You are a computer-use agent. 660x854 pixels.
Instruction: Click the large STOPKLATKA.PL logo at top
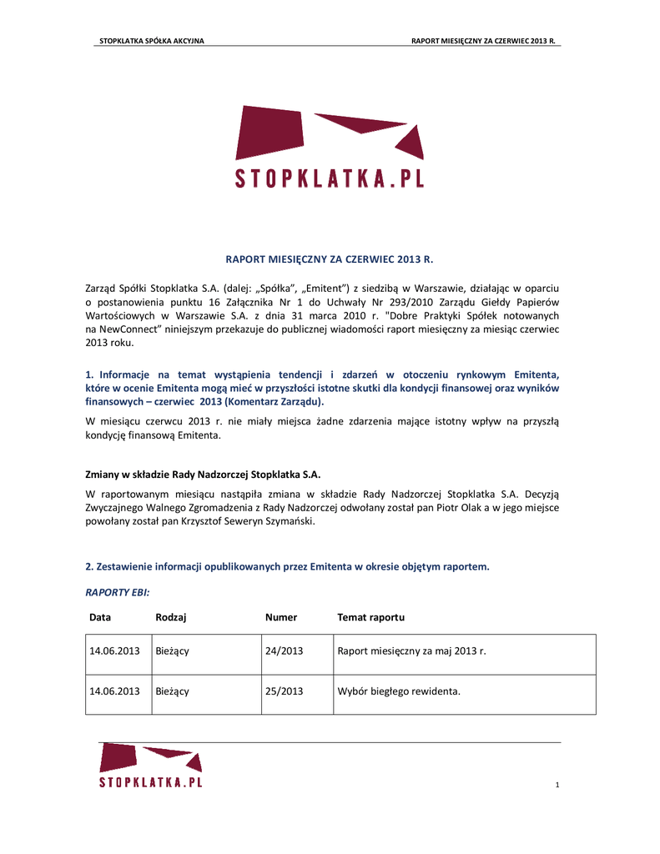330,148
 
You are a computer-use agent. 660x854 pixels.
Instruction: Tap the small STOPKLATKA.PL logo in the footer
151,766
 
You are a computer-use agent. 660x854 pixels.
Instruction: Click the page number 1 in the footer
557,785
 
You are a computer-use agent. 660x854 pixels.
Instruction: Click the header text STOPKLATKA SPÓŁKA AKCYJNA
152,41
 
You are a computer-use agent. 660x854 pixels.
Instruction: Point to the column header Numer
281,617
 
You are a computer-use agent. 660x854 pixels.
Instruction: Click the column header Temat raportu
370,617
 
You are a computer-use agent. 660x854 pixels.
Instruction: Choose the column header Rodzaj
170,617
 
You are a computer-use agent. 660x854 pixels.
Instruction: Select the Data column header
100,617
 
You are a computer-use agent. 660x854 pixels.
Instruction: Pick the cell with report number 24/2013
284,651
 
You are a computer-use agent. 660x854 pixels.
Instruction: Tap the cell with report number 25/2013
284,691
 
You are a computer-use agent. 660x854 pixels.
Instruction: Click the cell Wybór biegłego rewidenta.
399,691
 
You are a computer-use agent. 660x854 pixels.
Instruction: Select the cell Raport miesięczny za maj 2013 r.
411,651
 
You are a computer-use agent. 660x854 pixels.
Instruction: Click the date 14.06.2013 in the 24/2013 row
114,651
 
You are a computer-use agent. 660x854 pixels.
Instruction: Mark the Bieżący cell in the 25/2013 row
172,691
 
